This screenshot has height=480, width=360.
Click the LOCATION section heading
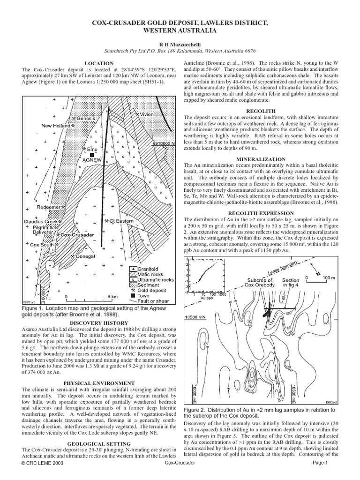coord(98,63)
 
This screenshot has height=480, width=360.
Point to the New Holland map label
coord(55,126)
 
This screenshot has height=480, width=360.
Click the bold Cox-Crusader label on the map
coord(77,234)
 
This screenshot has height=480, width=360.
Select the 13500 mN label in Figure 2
coord(196,317)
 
